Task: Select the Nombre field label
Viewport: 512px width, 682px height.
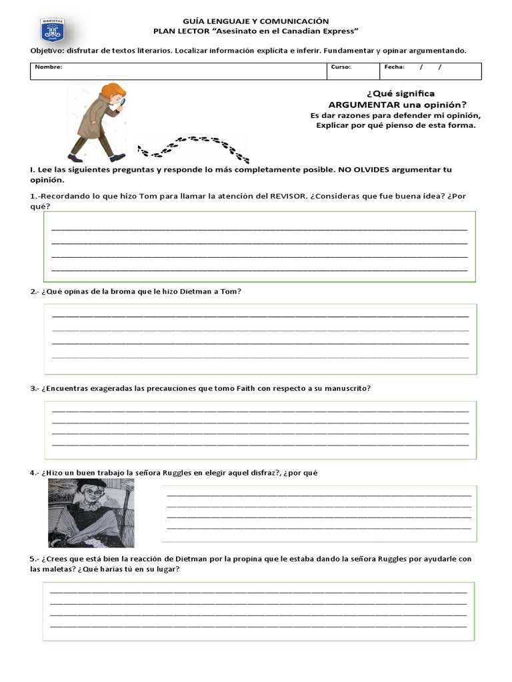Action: click(49, 67)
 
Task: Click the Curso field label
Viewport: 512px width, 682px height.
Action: click(340, 67)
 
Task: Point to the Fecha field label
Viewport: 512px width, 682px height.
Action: click(394, 67)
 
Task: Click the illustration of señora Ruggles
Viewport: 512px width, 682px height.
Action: click(91, 512)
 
